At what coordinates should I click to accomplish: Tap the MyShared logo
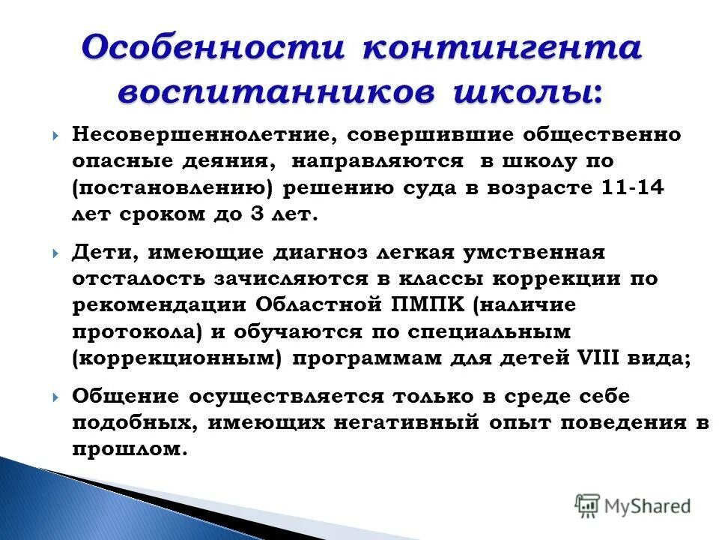(x=632, y=505)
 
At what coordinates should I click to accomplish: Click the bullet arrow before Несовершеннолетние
(x=57, y=136)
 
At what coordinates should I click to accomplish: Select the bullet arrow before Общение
(x=57, y=397)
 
